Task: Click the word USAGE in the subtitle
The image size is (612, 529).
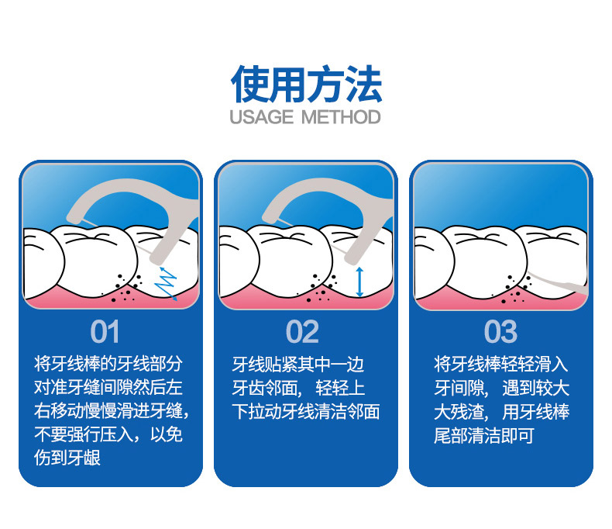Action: [262, 118]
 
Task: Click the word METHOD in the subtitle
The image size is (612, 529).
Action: [341, 118]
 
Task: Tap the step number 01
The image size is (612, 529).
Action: [105, 332]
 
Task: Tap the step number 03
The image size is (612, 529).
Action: [500, 332]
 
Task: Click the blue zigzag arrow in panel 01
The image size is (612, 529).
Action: [166, 282]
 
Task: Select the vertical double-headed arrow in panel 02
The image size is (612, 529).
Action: [360, 281]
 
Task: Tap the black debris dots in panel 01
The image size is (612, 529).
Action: [125, 288]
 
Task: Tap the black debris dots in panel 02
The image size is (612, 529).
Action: [321, 288]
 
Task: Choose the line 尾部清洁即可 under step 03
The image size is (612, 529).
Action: [484, 436]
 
